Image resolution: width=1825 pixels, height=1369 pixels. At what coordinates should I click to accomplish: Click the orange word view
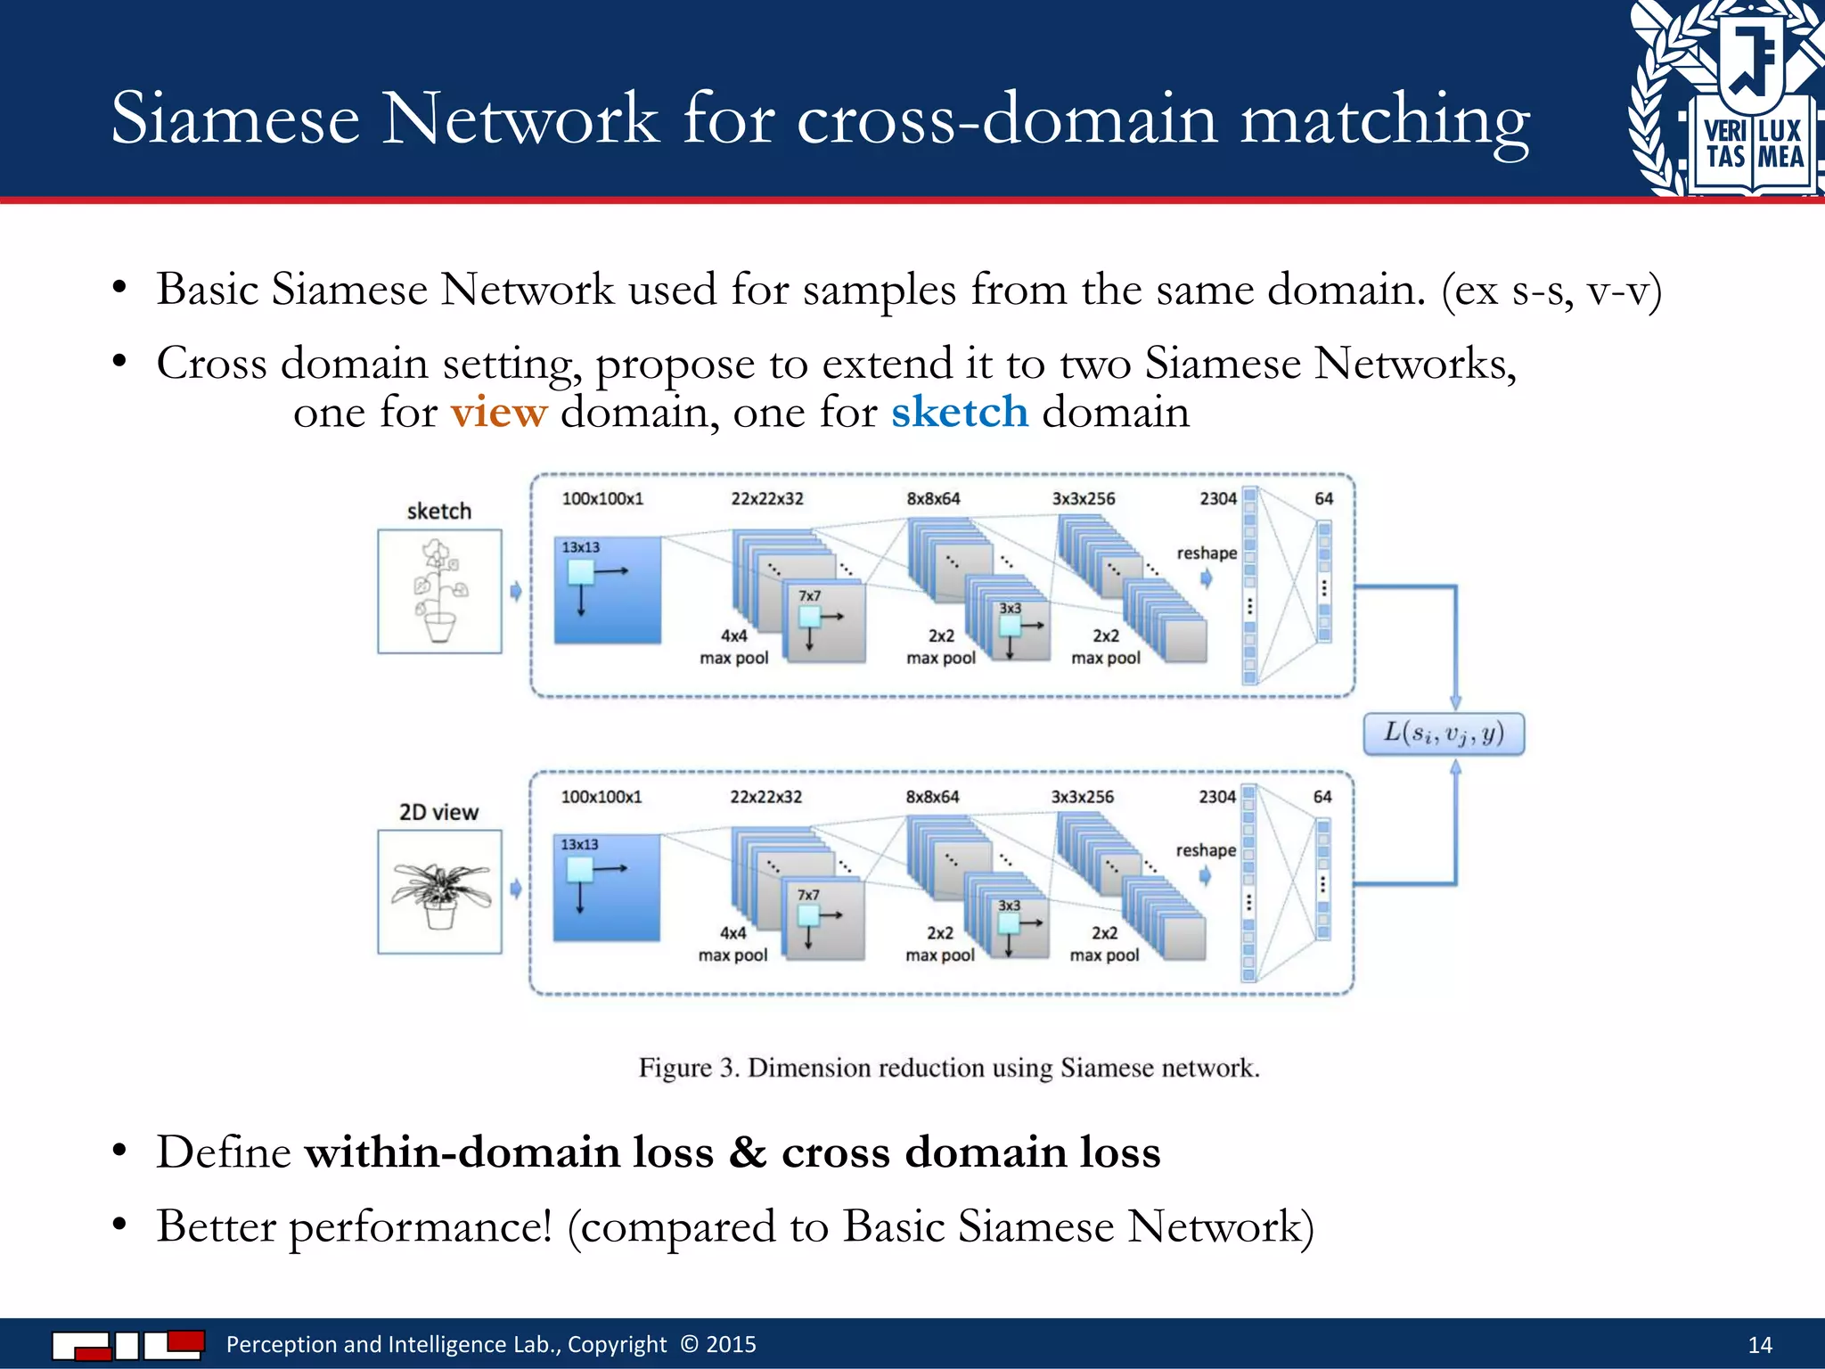click(x=498, y=413)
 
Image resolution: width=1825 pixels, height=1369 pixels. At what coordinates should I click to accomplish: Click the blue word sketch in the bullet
click(x=960, y=413)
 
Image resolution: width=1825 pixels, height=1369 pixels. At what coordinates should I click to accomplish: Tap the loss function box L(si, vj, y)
click(x=1444, y=734)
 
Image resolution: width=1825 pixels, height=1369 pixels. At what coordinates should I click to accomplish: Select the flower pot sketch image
click(x=439, y=591)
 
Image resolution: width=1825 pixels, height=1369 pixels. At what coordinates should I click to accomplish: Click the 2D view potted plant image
click(x=439, y=891)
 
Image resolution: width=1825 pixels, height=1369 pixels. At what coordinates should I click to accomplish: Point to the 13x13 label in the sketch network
click(x=580, y=547)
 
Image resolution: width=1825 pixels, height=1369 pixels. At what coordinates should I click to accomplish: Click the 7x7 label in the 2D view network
click(x=808, y=894)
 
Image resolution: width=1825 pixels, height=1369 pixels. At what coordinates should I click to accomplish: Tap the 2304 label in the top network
click(x=1217, y=499)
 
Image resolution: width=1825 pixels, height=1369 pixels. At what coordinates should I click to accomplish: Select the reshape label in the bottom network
click(x=1205, y=850)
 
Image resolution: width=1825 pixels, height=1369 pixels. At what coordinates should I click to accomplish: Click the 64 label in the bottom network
click(x=1322, y=797)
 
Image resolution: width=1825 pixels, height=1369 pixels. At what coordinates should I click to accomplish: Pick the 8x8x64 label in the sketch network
click(x=933, y=499)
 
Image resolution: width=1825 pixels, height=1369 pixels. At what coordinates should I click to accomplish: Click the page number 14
click(x=1760, y=1345)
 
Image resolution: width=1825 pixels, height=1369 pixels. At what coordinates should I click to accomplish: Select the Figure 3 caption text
click(x=949, y=1068)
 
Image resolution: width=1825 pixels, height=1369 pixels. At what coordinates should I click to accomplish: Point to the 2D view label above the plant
click(x=438, y=812)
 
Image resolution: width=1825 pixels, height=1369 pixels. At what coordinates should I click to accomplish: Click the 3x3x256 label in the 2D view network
click(x=1082, y=797)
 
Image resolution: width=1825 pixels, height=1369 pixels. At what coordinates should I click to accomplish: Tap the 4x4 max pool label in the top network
click(x=733, y=647)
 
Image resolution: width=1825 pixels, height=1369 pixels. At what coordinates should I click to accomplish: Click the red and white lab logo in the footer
click(x=128, y=1344)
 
